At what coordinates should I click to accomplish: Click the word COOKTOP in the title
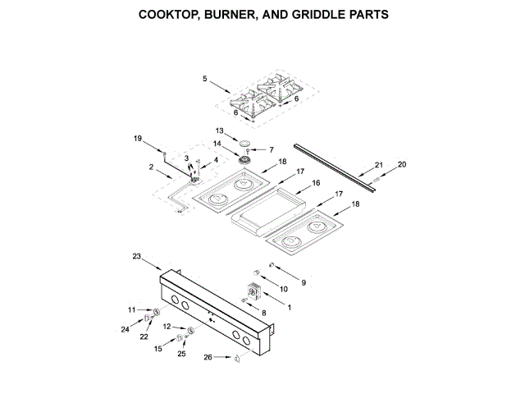(169, 15)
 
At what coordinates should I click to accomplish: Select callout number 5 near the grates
(205, 80)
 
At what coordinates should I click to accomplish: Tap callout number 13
(220, 131)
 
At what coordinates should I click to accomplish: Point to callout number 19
(139, 139)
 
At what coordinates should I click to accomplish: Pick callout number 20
(402, 164)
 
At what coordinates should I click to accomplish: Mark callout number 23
(137, 256)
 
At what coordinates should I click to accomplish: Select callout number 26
(208, 356)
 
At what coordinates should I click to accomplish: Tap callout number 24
(126, 330)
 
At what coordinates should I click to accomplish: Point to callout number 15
(158, 350)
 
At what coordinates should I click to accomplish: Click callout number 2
(151, 167)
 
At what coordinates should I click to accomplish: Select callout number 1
(288, 306)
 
